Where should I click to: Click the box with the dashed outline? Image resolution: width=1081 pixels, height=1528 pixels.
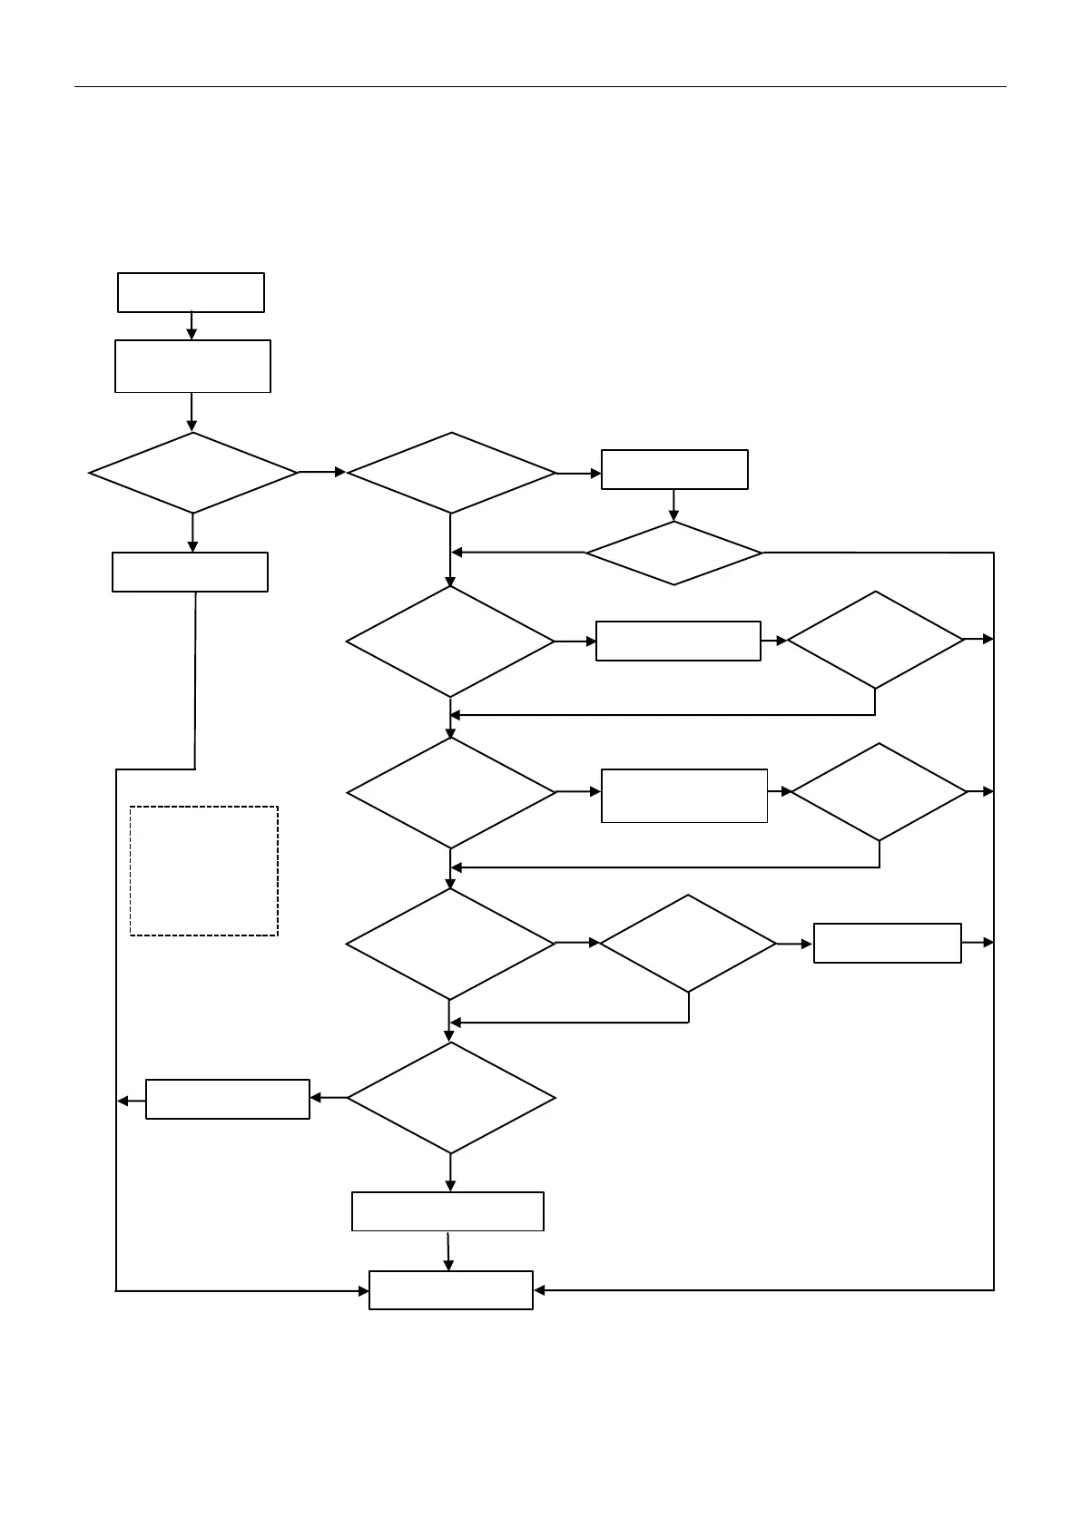point(203,870)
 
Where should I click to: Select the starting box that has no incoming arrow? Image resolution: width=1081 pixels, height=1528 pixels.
point(191,292)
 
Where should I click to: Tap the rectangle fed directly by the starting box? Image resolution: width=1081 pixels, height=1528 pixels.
point(192,367)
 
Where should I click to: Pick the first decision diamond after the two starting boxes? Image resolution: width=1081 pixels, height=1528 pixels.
point(193,473)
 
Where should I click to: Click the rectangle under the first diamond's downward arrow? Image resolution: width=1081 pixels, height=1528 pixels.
point(190,572)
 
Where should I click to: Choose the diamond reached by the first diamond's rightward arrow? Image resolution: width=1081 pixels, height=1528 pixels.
point(451,473)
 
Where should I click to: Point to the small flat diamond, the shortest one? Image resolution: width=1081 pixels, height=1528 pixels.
point(673,552)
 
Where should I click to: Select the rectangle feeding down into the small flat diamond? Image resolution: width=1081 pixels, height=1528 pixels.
point(674,469)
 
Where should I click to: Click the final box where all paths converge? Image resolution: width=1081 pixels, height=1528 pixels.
point(450,1289)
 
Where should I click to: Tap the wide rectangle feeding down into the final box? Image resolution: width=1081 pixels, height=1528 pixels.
point(447,1211)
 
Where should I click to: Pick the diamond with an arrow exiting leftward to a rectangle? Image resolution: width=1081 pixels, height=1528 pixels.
point(451,1098)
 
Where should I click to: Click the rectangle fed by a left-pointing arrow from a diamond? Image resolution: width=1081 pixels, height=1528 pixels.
point(228,1099)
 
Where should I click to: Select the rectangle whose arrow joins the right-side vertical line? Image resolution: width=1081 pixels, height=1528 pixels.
point(887,943)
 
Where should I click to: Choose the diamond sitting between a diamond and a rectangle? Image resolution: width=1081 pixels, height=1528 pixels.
point(688,944)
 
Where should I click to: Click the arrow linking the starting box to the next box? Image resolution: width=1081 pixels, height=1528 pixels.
point(192,326)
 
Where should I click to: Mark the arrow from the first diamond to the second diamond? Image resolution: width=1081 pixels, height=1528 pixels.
point(322,472)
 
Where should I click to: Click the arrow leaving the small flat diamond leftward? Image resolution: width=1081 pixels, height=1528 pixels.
point(517,552)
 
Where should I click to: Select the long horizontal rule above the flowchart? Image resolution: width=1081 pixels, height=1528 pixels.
point(540,87)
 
